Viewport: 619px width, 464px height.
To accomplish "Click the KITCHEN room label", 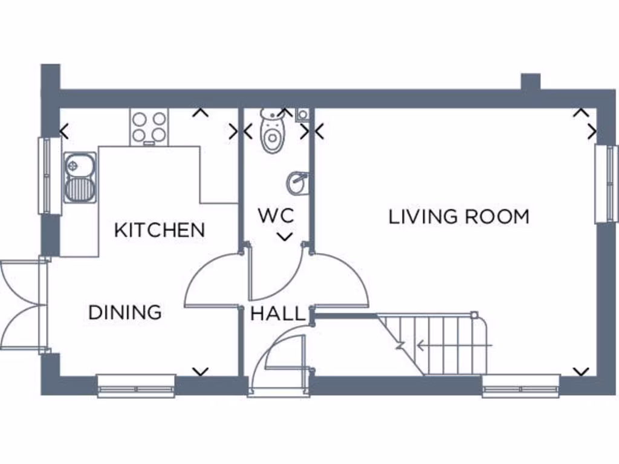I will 160,230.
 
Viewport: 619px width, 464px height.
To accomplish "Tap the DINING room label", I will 125,312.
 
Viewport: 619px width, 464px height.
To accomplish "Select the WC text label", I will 276,216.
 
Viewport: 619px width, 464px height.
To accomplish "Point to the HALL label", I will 278,314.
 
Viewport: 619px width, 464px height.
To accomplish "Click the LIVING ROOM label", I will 458,216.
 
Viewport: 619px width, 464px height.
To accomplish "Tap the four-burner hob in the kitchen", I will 149,127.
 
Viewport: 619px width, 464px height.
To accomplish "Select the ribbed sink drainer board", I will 79,188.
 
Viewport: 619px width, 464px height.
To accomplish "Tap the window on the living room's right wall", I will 606,184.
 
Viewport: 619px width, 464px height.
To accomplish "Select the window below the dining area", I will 136,386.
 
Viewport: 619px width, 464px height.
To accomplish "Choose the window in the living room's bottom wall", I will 521,386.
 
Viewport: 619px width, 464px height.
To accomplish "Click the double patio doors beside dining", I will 23,305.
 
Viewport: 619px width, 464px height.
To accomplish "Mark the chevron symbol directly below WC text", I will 284,236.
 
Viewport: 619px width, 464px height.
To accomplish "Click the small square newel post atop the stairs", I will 475,315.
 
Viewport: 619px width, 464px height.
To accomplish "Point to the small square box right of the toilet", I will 302,115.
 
